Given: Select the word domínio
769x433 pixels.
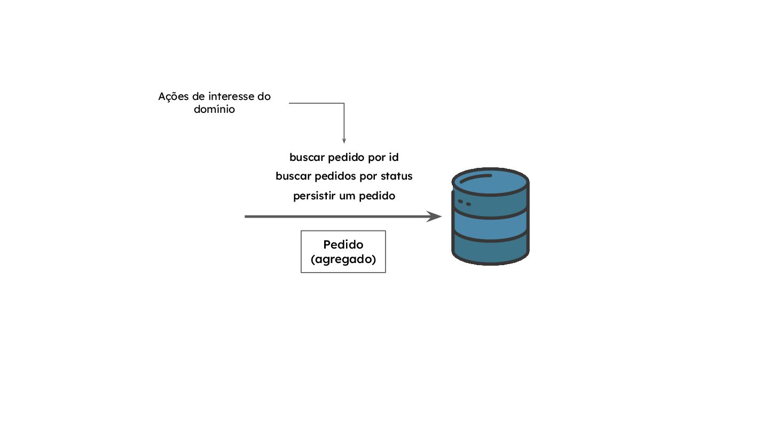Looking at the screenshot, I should coord(214,110).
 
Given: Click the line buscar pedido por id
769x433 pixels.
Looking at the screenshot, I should coord(344,158).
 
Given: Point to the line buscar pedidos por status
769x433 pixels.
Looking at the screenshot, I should coord(344,176).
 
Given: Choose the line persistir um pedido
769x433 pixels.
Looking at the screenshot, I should coord(344,196).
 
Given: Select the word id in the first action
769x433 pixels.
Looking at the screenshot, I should coord(394,158).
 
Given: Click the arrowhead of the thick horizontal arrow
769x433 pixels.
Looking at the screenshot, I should coord(435,216).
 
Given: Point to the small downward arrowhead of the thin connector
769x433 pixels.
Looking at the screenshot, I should coord(344,141).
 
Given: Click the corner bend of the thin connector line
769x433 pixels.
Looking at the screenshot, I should coord(344,103).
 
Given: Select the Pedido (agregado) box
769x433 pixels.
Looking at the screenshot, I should coord(343,252).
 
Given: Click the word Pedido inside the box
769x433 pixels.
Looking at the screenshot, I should coord(343,245).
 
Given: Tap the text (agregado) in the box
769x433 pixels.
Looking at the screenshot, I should coord(343,259).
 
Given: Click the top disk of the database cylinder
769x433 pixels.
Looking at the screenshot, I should coord(490,181).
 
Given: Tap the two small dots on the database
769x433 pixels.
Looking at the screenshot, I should coord(464,203).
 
